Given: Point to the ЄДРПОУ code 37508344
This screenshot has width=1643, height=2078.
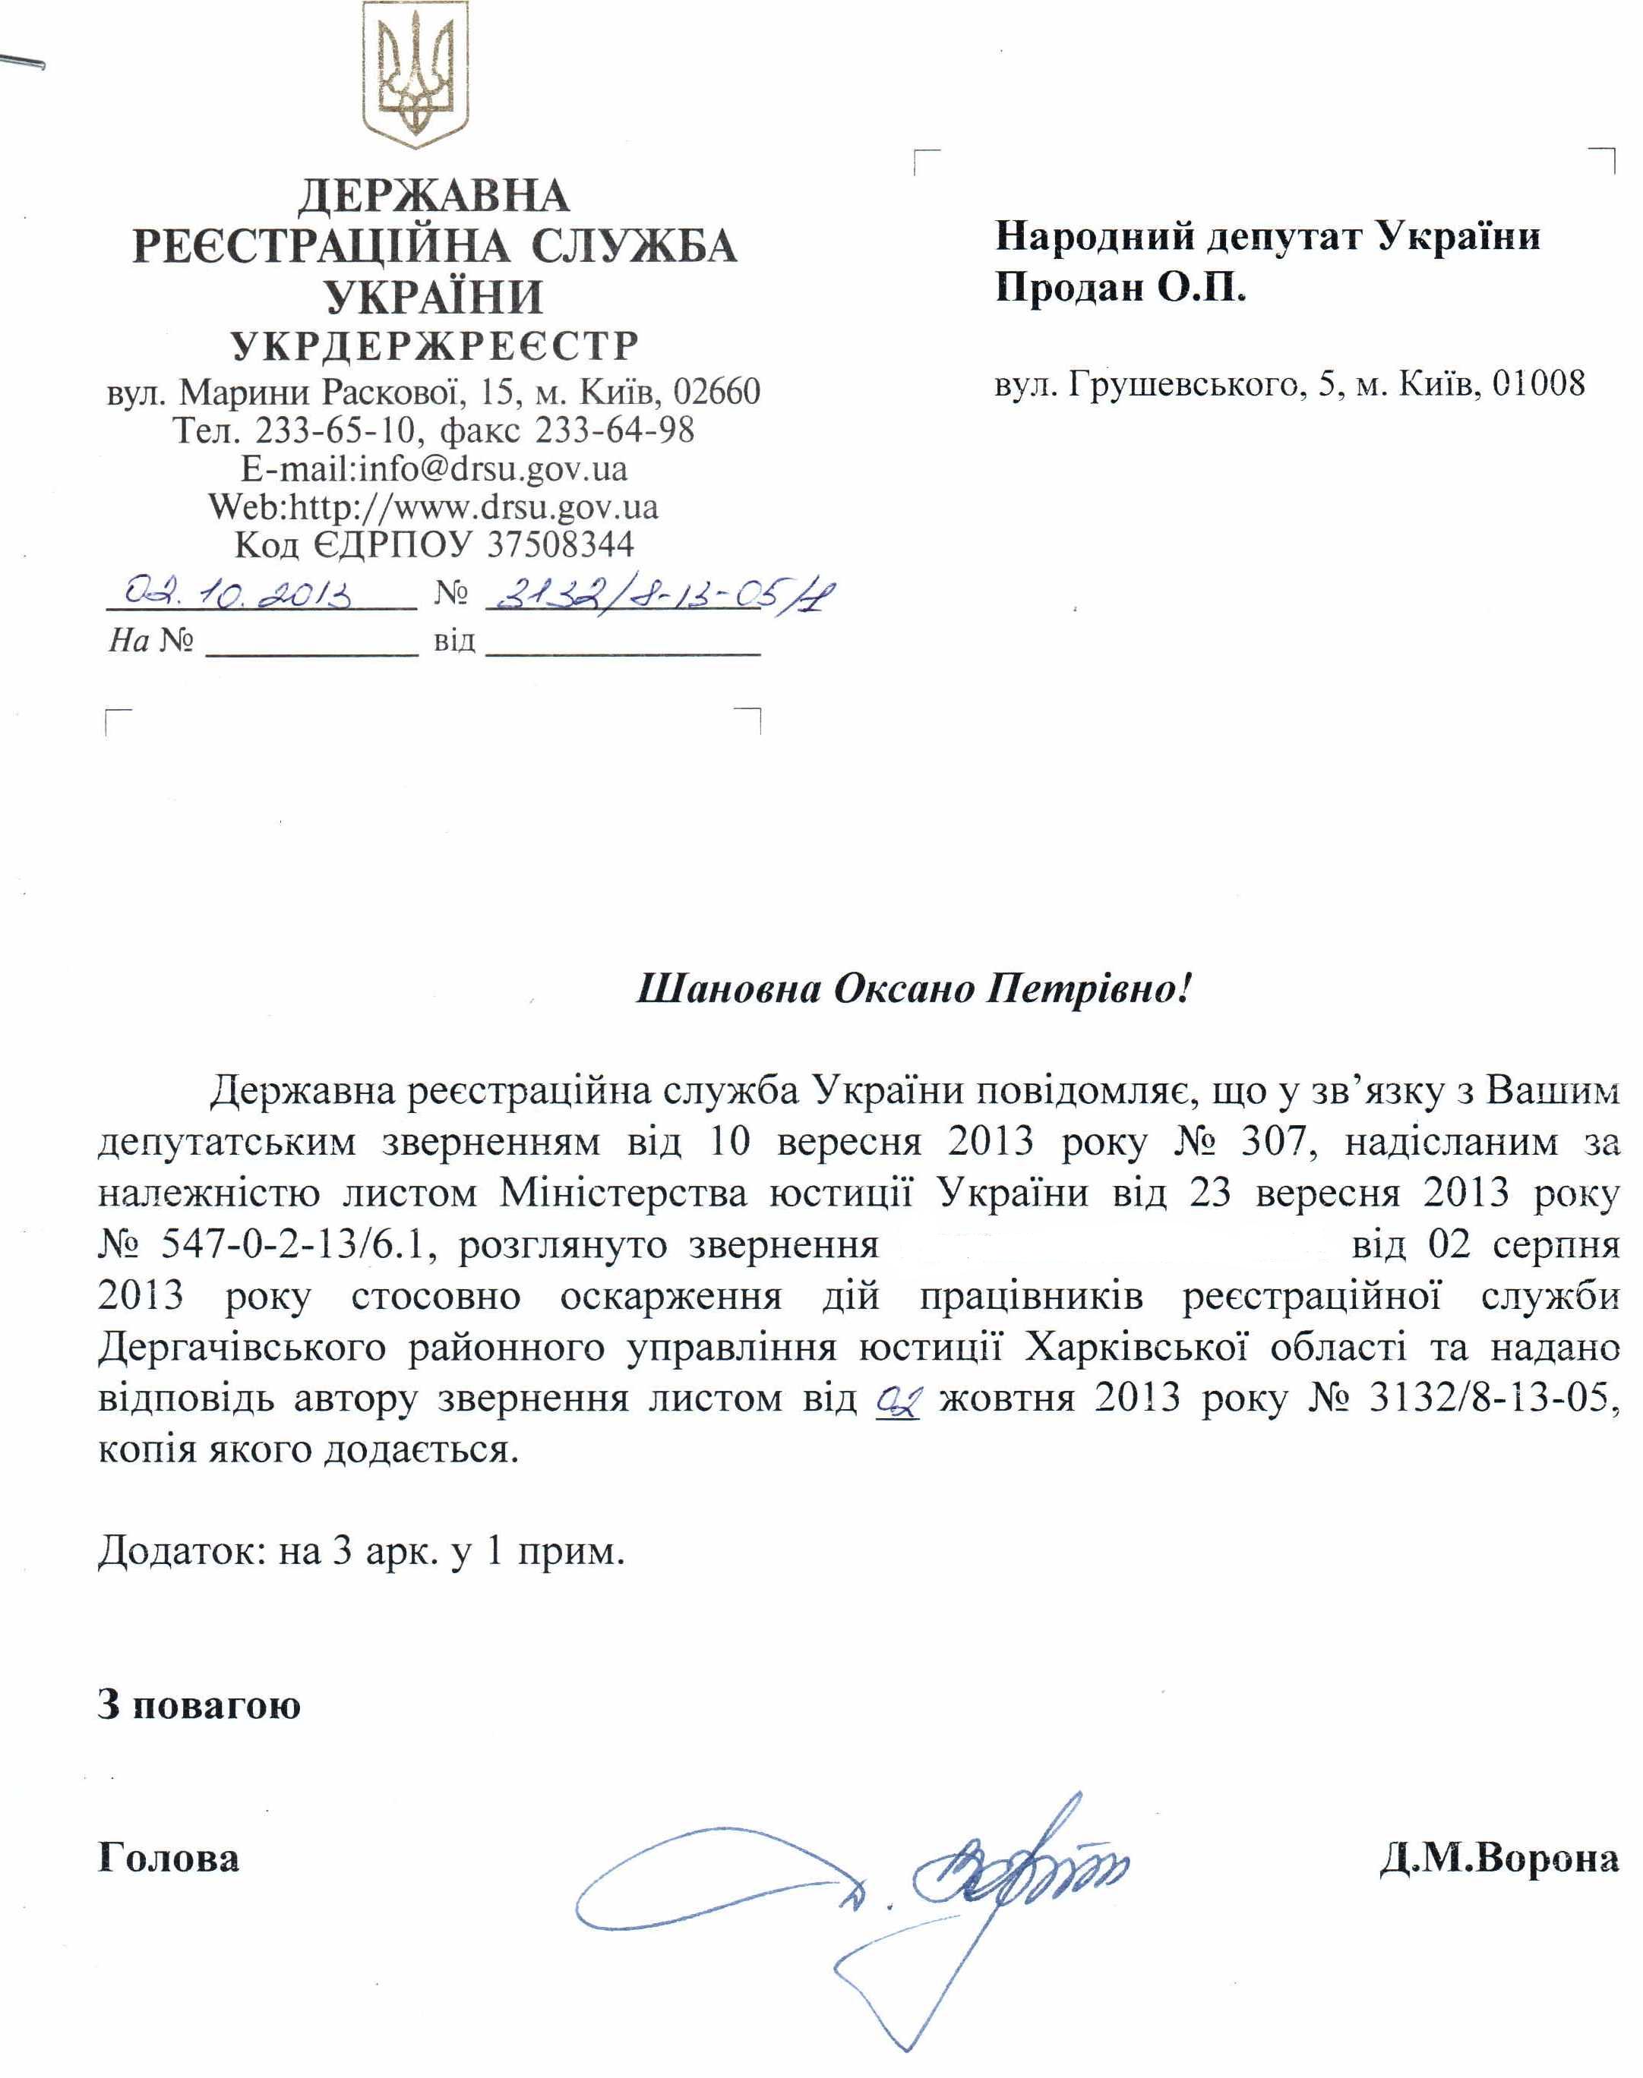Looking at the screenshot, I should [561, 544].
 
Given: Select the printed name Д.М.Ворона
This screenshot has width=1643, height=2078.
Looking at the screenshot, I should [1498, 1859].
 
